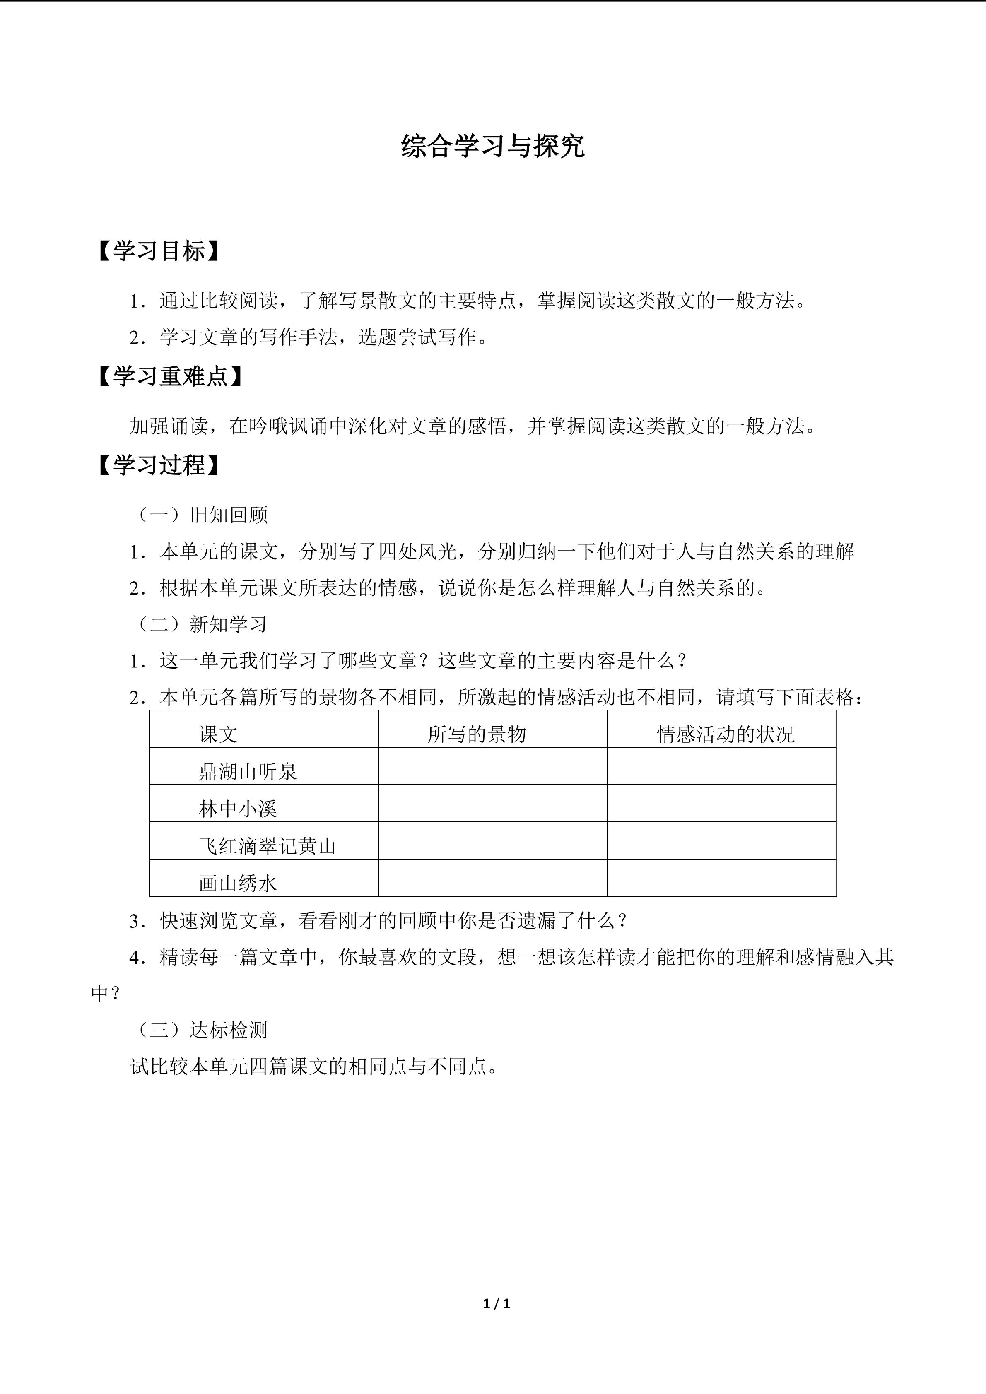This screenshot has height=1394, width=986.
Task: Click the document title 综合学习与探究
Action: [x=492, y=146]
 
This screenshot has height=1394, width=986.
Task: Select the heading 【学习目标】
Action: [x=159, y=251]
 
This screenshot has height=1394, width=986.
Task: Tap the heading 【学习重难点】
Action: [x=170, y=377]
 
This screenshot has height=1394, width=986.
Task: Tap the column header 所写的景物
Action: [x=477, y=734]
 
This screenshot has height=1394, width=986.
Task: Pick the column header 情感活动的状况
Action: [x=726, y=734]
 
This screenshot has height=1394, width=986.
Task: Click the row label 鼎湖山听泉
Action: [x=248, y=772]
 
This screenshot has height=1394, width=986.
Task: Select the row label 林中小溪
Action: [x=238, y=809]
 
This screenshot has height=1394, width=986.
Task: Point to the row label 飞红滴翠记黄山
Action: [x=267, y=846]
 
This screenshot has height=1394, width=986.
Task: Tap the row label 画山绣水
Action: [x=238, y=883]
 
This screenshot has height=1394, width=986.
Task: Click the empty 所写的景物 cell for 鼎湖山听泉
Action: [x=492, y=766]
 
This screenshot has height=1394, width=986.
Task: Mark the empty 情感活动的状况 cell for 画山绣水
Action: [x=721, y=878]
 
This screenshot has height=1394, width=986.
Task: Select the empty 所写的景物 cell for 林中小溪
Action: [x=492, y=803]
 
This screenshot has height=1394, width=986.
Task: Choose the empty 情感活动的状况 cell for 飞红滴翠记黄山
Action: [x=721, y=841]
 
